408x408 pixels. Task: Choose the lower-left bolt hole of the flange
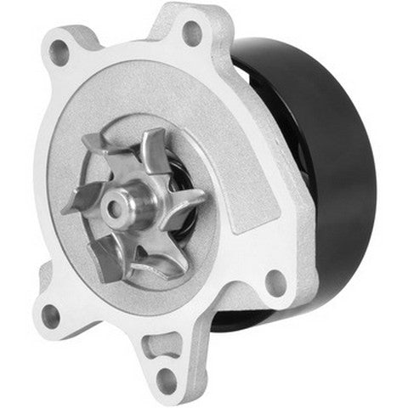tap(49, 315)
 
